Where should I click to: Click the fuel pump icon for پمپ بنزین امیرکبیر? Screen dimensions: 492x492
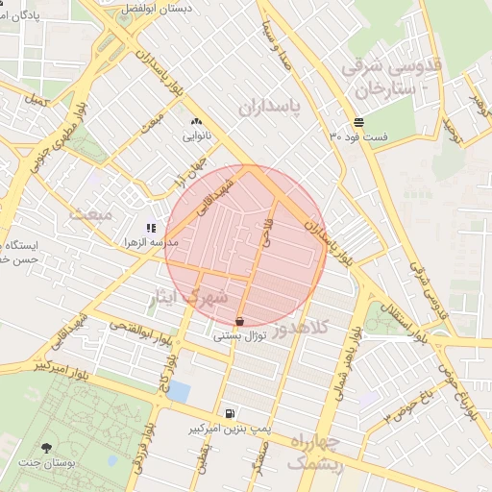pyautogui.click(x=229, y=414)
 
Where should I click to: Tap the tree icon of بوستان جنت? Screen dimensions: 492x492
pyautogui.click(x=46, y=447)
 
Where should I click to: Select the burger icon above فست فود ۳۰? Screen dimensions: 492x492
pyautogui.click(x=358, y=122)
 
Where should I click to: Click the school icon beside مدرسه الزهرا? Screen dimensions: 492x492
pyautogui.click(x=150, y=229)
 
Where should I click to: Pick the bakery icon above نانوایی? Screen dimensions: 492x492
pyautogui.click(x=197, y=122)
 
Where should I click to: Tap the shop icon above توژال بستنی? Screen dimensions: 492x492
pyautogui.click(x=238, y=321)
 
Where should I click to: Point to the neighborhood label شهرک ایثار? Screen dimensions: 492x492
pyautogui.click(x=187, y=297)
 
